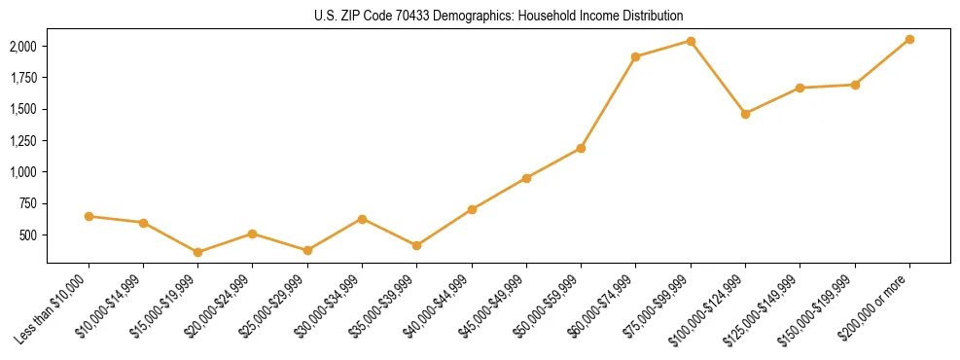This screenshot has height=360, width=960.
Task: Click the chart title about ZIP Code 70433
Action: click(x=499, y=17)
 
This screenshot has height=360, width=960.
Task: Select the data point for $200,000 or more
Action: click(x=909, y=39)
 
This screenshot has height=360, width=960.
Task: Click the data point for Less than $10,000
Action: click(x=89, y=216)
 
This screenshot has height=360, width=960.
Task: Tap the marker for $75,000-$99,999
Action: click(x=691, y=41)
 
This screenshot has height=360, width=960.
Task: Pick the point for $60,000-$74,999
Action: click(x=635, y=57)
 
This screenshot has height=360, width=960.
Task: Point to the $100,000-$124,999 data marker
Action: click(x=745, y=114)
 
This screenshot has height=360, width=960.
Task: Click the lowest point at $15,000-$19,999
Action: click(x=198, y=252)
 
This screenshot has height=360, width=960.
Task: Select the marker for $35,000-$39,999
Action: click(x=417, y=245)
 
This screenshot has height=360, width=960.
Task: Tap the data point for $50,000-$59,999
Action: click(x=581, y=148)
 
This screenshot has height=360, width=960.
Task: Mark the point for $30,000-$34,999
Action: click(x=362, y=219)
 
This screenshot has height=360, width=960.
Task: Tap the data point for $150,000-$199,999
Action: click(x=855, y=85)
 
